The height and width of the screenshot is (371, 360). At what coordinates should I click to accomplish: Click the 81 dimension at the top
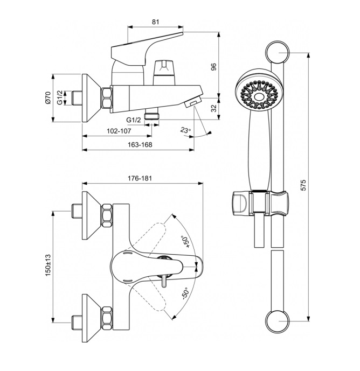[155, 22]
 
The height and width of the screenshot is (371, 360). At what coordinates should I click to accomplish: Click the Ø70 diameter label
[47, 97]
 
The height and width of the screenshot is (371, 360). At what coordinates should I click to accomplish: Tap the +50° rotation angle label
[185, 240]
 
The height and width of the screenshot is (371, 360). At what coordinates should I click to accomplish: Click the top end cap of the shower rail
[278, 53]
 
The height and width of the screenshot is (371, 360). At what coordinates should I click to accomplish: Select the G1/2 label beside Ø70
[60, 98]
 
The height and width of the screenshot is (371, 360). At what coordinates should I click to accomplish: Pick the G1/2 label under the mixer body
[134, 120]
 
